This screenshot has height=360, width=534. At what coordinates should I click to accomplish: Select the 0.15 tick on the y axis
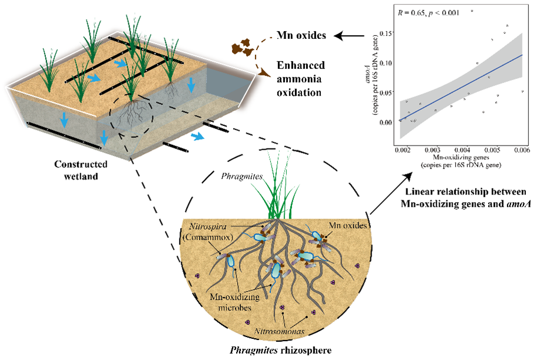coord(387,33)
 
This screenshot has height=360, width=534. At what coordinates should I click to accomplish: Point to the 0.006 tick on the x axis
coord(522,151)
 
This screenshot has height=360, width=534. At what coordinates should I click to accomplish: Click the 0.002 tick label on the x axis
coord(403,151)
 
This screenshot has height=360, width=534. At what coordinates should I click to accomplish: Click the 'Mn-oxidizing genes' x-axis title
coord(462,159)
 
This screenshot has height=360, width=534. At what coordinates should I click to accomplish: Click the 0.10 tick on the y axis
coord(387,62)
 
